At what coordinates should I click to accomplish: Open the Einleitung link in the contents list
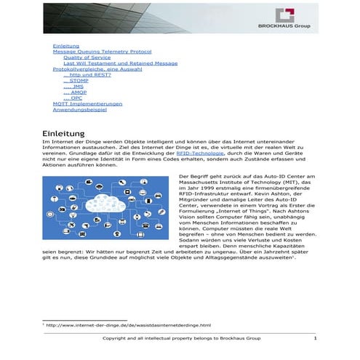66,46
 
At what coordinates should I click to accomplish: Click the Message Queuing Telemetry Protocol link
102,52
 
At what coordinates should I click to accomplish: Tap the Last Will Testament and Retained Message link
119,63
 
